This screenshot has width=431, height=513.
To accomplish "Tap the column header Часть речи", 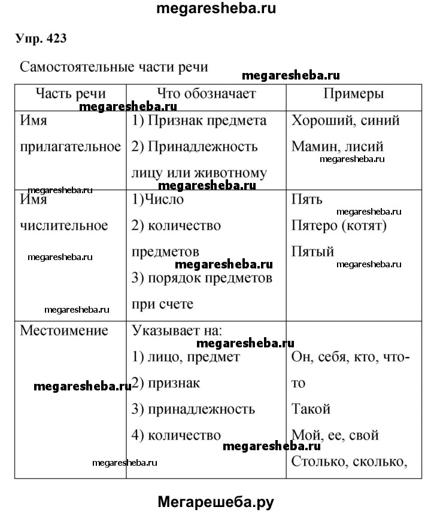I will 71,93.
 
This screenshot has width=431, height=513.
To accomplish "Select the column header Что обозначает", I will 207,93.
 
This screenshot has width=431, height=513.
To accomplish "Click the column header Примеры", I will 354,93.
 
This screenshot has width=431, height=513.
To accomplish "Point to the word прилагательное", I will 71,146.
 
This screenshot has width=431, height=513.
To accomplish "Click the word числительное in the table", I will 64,225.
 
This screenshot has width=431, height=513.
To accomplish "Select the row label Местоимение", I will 64,330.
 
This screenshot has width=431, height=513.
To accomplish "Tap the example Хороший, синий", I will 345,120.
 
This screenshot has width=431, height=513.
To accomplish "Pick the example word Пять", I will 306,200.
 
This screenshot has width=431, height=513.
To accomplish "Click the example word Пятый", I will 312,251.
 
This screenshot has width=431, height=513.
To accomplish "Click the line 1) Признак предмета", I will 199,120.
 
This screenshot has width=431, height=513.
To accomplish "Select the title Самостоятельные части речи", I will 114,66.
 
